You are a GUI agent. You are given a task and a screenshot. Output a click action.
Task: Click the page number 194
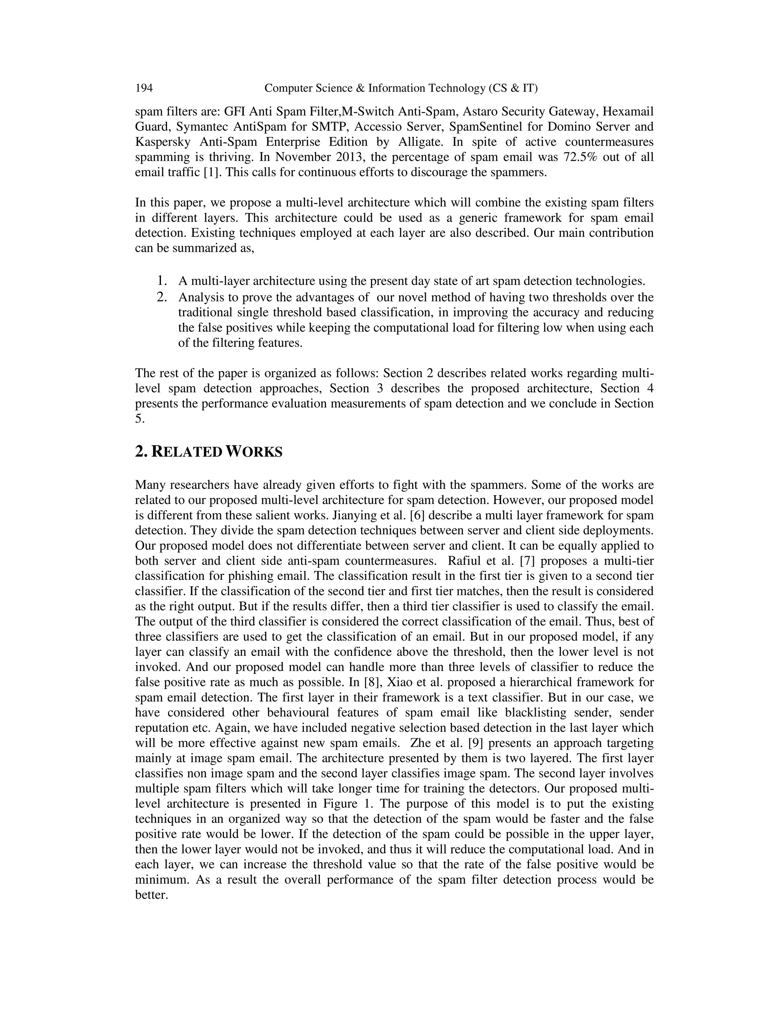click(x=144, y=88)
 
